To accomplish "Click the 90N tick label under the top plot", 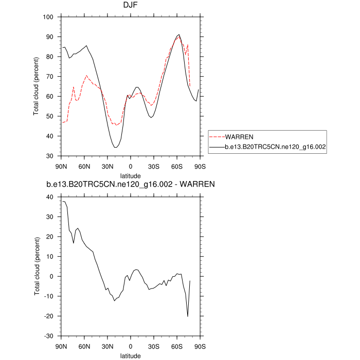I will (61, 166).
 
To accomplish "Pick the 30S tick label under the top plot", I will (154, 166).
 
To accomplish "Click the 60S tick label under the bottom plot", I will (177, 346).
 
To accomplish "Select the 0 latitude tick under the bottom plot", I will (131, 346).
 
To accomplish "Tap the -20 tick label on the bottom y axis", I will (48, 316).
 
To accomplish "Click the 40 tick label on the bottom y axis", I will (50, 197).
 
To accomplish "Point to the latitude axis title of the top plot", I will (131, 175).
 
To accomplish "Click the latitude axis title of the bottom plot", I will (131, 355).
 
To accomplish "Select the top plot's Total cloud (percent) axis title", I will (37, 86).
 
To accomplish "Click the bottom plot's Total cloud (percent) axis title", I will (37, 266).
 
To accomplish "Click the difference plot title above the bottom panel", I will (131, 184).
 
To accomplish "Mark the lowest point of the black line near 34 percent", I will (116, 148).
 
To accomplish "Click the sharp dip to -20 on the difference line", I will (188, 316).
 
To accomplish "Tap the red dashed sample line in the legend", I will (218, 137).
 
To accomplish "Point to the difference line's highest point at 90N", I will (63, 201).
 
